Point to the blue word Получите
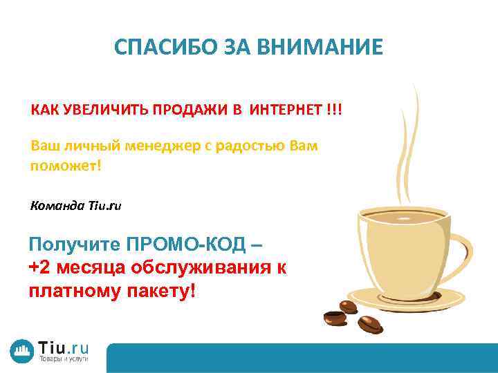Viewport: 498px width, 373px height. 74,245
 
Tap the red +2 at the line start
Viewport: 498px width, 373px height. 39,268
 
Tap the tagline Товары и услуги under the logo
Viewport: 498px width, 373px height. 63,361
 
